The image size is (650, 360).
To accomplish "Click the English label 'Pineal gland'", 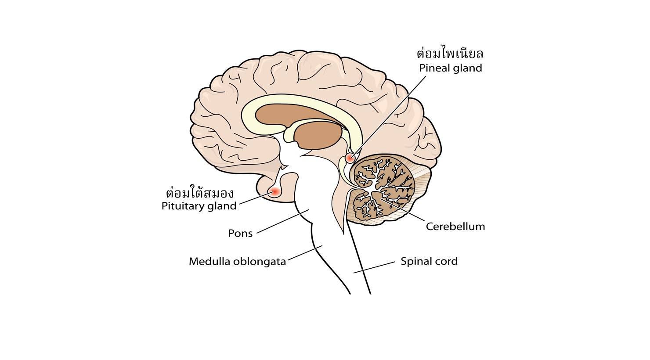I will [450, 68].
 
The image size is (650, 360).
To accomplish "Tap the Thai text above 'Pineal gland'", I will [450, 54].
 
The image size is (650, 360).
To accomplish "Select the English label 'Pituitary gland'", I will [199, 206].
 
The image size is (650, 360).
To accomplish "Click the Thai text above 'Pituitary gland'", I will [200, 193].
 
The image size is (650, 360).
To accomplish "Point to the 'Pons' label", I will [240, 233].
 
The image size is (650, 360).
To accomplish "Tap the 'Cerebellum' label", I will [455, 227].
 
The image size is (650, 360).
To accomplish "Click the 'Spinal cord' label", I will [429, 261].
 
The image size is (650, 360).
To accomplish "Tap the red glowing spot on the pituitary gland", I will [275, 191].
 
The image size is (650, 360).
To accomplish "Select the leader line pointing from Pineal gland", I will [391, 114].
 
